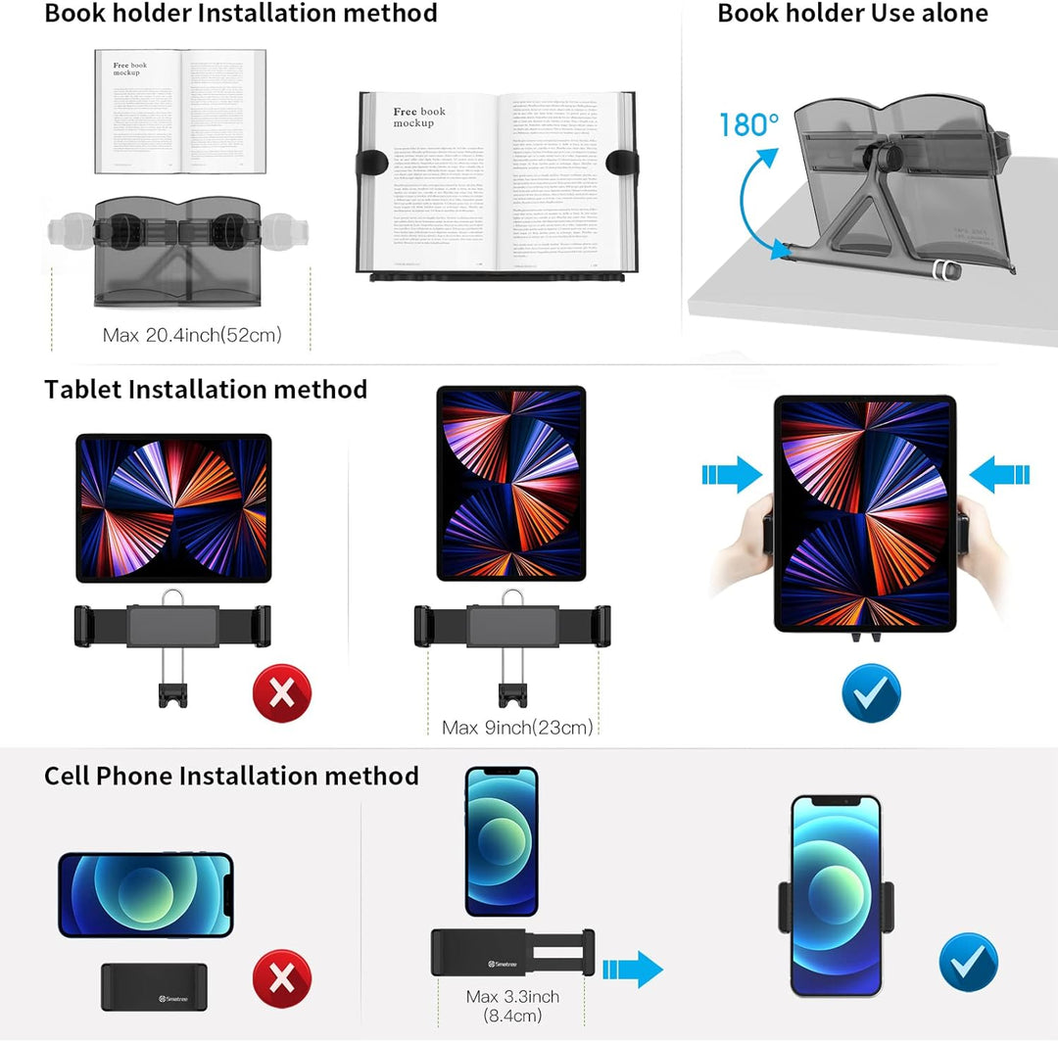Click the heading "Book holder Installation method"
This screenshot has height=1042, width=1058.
pos(241,14)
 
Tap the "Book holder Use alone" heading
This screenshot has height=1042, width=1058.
pos(852,14)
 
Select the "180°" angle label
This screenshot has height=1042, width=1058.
pos(749,125)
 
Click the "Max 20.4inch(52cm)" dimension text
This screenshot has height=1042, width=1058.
pos(192,335)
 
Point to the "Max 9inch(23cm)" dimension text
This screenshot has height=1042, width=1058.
pos(517,727)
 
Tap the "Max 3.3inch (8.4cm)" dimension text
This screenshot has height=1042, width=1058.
pos(512,1007)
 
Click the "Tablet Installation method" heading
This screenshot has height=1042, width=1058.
pos(206,389)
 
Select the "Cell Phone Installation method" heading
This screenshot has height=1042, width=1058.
pos(231,776)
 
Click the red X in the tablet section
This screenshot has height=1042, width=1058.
pos(281,693)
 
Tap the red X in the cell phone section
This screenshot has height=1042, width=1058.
pos(281,979)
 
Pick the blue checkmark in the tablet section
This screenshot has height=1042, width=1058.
pos(871,693)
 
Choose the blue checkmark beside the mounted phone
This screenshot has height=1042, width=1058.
pos(968,962)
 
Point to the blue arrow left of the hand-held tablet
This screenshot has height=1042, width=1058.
pos(732,475)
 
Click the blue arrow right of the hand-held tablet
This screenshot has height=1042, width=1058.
pos(1000,475)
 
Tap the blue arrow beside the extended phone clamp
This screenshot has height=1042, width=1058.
pos(633,970)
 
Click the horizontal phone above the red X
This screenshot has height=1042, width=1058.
pos(146,895)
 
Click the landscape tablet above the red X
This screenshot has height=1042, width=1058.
pos(173,508)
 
